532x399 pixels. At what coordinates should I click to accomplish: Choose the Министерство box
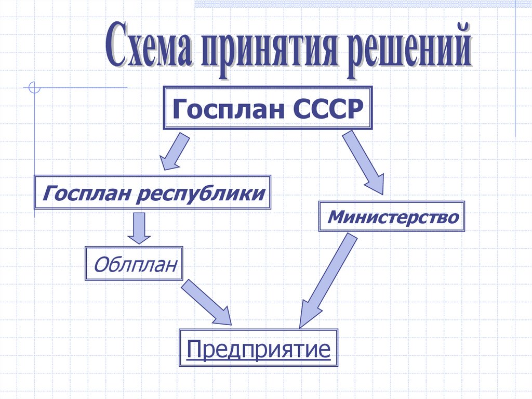click(392, 216)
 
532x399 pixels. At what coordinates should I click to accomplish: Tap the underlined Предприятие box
click(259, 349)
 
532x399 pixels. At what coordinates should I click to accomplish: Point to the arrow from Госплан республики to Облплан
click(138, 227)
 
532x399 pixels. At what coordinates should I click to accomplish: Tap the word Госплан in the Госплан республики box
click(83, 194)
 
